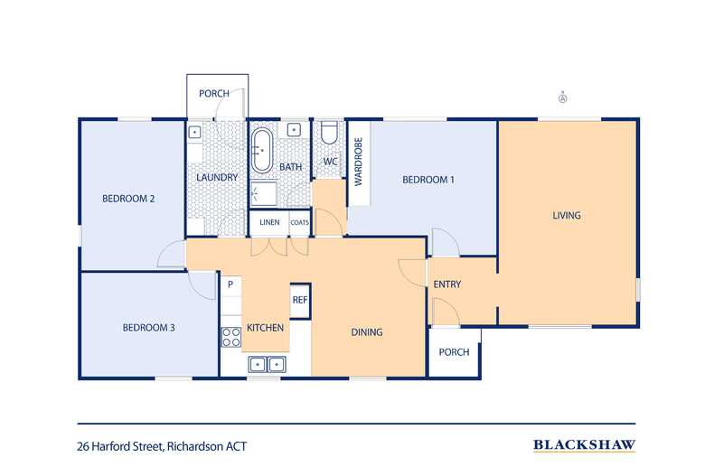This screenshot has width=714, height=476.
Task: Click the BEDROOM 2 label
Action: pos(130,199)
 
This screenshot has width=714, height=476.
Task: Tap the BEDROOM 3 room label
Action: pos(148,327)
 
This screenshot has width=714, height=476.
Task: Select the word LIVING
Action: pos(567,215)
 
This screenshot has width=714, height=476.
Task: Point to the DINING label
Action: pos(367,332)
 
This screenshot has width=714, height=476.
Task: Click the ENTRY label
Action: pos(447,285)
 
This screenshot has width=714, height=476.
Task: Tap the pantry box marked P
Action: pos(230,285)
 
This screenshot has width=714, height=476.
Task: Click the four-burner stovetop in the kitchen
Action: pos(230,337)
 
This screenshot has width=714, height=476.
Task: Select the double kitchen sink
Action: pos(268,364)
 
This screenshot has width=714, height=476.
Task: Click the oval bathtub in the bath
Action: pos(262,150)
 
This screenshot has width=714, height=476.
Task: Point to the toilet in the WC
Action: pos(330,135)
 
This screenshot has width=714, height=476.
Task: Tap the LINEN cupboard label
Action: pos(269,222)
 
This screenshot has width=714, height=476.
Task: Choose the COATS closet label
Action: pos(300,222)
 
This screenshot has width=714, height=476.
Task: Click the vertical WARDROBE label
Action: pos(358,162)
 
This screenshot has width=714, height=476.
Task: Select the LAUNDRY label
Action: pos(217,178)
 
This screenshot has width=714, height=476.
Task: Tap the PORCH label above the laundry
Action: pos(214,93)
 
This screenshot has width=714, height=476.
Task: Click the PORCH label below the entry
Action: pos(454,351)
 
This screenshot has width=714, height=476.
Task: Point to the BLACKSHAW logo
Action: pos(584,444)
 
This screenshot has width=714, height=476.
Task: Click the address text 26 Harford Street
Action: pos(162,445)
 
